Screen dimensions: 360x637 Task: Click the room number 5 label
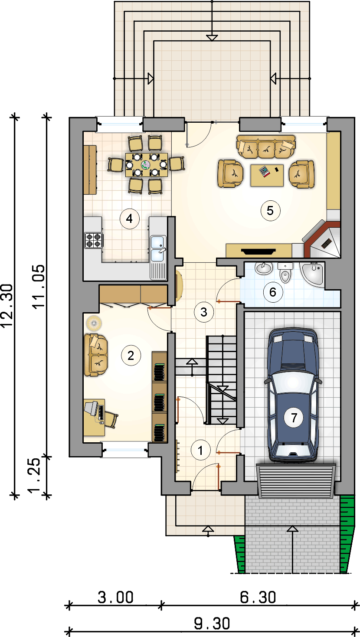[270, 211]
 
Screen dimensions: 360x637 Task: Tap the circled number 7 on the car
[294, 418]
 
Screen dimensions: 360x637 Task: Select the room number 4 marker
[129, 219]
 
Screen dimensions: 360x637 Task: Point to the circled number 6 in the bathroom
[273, 292]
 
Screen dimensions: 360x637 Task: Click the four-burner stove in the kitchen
[94, 240]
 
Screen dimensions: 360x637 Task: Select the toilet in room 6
[285, 273]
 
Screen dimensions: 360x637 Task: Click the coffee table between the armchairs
[267, 175]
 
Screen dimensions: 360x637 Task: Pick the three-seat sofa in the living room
[266, 147]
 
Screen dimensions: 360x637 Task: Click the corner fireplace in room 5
[322, 239]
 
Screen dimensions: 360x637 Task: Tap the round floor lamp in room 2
[94, 323]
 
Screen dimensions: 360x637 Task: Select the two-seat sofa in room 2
[96, 356]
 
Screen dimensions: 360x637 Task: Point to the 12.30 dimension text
[7, 306]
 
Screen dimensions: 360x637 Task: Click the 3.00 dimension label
[115, 597]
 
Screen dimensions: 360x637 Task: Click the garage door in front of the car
[296, 480]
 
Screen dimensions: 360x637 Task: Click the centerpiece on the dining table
[146, 164]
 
